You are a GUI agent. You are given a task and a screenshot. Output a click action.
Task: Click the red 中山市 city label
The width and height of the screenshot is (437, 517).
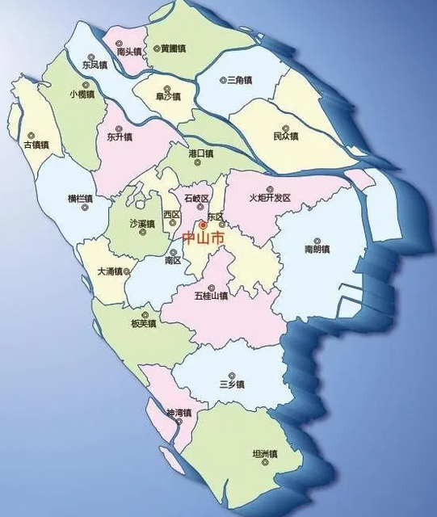pos(201,238)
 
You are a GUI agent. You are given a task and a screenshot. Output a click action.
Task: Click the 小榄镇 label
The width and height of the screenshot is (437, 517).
pos(82,95)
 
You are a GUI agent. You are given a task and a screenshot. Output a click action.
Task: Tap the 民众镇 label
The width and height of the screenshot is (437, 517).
pos(286,136)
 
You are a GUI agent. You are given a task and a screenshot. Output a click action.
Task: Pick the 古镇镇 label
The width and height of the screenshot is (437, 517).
pos(36,145)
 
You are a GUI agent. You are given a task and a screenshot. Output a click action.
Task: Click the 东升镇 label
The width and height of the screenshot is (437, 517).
pos(120,137)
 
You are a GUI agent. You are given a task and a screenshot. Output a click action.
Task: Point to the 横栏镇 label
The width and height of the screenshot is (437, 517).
pos(80,199)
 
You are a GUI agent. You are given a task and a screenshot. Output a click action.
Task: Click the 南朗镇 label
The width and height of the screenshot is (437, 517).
pos(317,250)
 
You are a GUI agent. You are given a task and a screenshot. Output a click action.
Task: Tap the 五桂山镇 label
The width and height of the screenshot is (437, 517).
pos(211,296)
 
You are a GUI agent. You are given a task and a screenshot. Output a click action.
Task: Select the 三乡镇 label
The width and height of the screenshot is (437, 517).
pos(232,385)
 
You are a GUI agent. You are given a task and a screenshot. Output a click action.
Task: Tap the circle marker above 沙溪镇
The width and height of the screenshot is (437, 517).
pos(143,213)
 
